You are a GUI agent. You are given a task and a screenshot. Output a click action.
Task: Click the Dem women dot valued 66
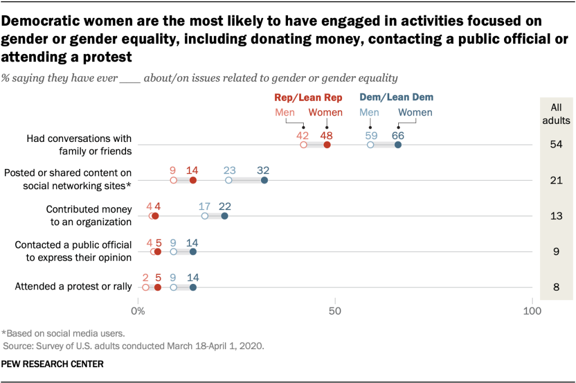398,145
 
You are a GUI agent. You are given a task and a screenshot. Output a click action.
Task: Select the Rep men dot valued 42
304,145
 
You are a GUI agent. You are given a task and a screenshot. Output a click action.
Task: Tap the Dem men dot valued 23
228,180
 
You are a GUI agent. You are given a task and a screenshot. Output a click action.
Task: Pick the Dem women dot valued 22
224,216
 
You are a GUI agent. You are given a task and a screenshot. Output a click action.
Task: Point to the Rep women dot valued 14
193,180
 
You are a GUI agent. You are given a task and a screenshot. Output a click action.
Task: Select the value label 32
263,170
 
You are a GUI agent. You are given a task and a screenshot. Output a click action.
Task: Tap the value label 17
205,206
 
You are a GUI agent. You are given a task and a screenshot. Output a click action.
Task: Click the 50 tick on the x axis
335,311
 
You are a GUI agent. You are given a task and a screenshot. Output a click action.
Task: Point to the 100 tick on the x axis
532,311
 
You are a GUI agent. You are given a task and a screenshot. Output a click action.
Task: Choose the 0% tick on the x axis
138,311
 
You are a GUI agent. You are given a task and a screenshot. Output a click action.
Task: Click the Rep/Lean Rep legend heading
308,97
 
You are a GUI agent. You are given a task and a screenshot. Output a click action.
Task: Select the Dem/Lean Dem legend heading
397,97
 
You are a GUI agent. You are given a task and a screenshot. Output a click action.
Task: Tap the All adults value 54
556,145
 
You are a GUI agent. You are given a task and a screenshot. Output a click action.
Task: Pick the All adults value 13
556,216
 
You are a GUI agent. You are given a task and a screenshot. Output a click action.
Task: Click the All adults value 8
556,287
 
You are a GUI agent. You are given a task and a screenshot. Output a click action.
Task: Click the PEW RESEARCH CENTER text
52,364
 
